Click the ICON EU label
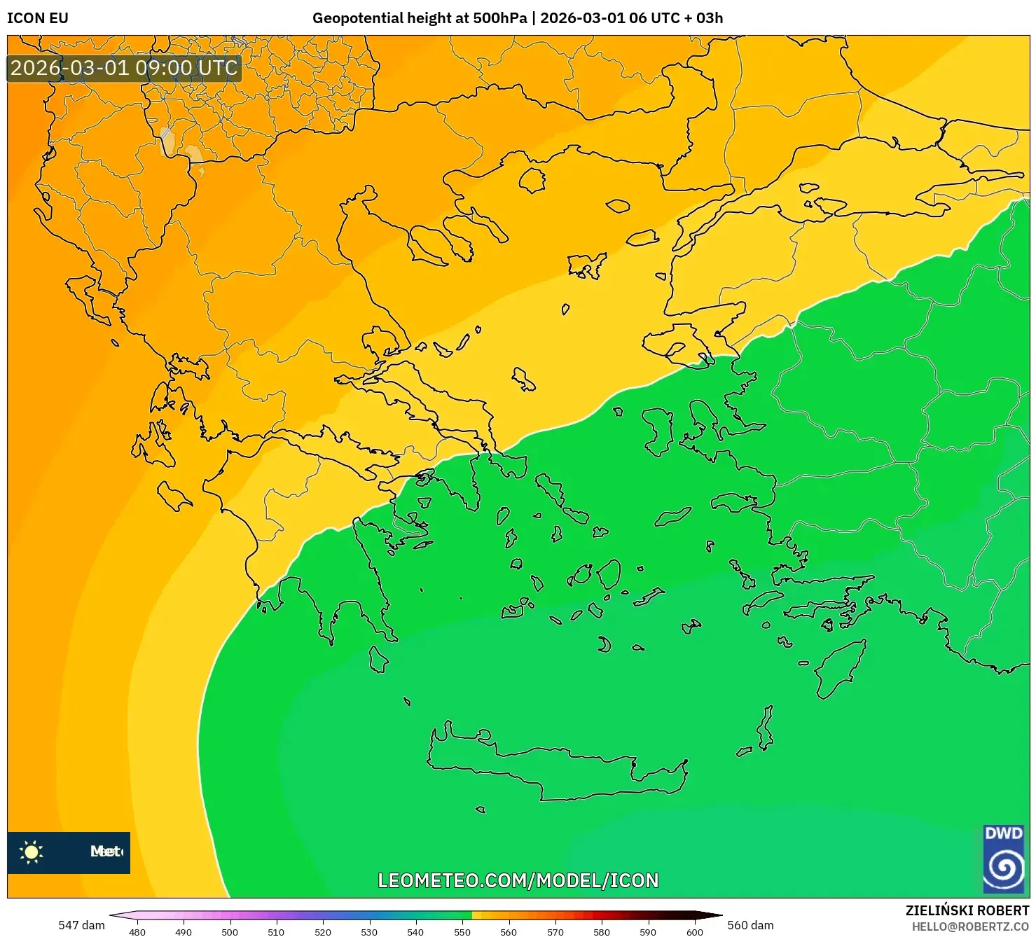pyautogui.click(x=38, y=18)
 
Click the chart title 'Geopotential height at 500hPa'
pyautogui.click(x=419, y=18)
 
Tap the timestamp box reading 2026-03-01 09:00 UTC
pyautogui.click(x=124, y=68)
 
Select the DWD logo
pyautogui.click(x=1004, y=859)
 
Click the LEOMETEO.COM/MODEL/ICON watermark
pyautogui.click(x=518, y=880)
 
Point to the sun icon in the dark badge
pyautogui.click(x=32, y=852)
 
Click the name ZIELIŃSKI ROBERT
pyautogui.click(x=967, y=910)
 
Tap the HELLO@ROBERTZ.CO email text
pyautogui.click(x=970, y=926)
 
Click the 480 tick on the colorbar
pyautogui.click(x=137, y=931)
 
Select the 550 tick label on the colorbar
pyautogui.click(x=462, y=931)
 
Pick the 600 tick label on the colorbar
pyautogui.click(x=694, y=931)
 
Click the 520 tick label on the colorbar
pyautogui.click(x=323, y=931)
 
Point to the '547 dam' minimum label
pyautogui.click(x=81, y=925)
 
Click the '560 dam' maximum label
pyautogui.click(x=750, y=925)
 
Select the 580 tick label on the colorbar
pyautogui.click(x=602, y=931)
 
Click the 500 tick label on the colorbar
pyautogui.click(x=230, y=931)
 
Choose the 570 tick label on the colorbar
pyautogui.click(x=555, y=931)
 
